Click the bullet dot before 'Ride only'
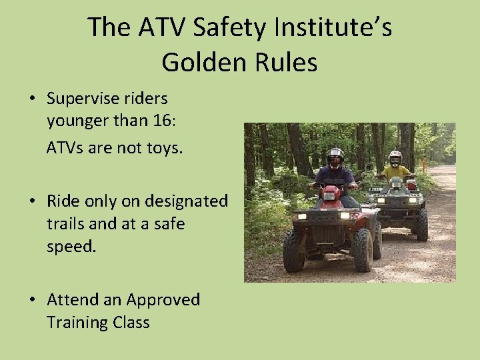coord(32,201)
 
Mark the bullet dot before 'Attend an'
coord(32,301)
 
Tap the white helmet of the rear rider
coord(395,158)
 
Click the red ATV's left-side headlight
coord(301,216)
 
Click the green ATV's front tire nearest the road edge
coord(422,225)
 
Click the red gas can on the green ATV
coord(412,185)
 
